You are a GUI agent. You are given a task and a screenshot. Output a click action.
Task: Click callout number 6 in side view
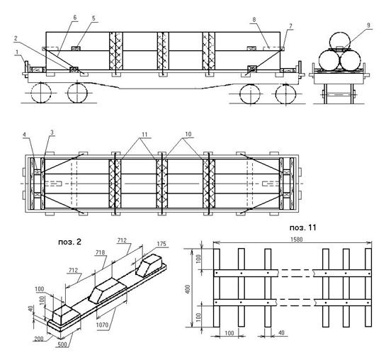(x=75, y=18)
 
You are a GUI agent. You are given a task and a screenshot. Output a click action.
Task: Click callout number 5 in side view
(x=93, y=18)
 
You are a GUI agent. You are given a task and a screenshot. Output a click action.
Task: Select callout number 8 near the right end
(x=254, y=20)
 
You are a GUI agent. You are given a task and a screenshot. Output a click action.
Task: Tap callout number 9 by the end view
(x=368, y=25)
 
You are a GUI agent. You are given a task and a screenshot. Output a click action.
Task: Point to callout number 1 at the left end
(x=17, y=52)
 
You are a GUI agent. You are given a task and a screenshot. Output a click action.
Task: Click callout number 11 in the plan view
(x=144, y=135)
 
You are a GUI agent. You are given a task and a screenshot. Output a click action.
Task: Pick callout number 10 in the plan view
(x=188, y=134)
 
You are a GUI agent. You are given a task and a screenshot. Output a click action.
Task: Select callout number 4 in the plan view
(x=24, y=134)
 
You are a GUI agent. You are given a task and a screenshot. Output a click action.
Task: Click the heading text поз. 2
(x=69, y=242)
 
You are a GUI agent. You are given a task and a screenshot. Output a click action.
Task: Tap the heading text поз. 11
(x=303, y=227)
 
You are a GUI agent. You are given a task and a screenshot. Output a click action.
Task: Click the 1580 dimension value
(x=297, y=240)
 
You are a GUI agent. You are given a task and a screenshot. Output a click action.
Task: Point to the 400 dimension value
(x=188, y=289)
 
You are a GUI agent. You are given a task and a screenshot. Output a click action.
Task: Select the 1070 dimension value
(x=102, y=325)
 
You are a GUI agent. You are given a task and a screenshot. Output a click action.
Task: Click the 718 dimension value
(x=100, y=252)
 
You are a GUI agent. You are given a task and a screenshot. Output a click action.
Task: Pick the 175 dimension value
(x=161, y=244)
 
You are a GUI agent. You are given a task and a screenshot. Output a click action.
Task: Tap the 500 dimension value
(x=63, y=344)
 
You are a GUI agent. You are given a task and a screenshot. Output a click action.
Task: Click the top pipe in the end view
(x=340, y=41)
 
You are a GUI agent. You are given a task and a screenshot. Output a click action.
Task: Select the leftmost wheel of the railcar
(x=41, y=93)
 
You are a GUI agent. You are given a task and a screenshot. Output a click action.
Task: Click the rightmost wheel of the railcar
(x=286, y=94)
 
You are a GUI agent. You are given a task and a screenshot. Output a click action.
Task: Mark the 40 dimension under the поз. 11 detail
(x=281, y=332)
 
